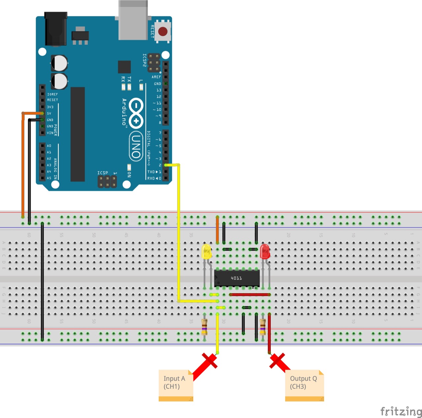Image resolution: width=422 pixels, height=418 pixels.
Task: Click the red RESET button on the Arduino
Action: [163, 31]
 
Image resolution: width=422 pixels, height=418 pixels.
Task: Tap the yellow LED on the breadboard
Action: [206, 252]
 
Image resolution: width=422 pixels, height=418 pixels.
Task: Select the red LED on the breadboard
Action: [265, 252]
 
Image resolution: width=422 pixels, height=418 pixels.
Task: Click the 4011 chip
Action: [237, 278]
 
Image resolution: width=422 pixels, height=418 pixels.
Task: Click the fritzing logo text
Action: [401, 411]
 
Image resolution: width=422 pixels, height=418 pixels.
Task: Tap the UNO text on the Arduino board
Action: [136, 146]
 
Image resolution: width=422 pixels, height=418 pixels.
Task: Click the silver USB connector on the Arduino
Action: [133, 20]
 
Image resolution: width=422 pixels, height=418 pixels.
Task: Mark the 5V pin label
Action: [49, 114]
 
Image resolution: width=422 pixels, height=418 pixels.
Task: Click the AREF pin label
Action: [156, 77]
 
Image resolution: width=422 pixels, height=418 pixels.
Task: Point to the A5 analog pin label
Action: [49, 178]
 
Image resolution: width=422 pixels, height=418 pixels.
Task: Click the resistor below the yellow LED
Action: [204, 327]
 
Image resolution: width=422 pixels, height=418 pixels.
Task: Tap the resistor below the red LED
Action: [263, 327]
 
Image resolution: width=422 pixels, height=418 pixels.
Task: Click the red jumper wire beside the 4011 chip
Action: [250, 295]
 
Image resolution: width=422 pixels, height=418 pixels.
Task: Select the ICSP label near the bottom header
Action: [103, 173]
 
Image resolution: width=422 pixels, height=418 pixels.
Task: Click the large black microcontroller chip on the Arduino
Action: [77, 134]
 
